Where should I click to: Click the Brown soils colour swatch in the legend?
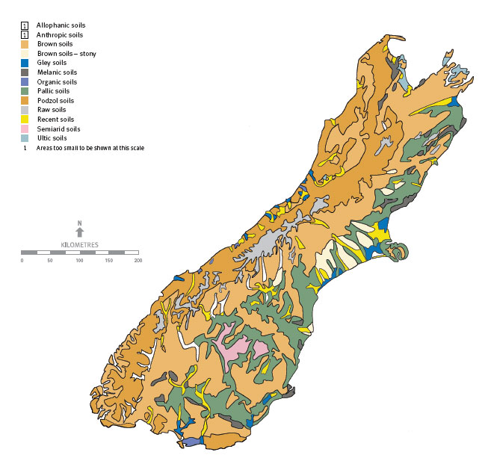pos(25,44)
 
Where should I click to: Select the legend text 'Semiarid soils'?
pos(58,129)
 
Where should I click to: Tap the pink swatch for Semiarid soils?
pos(25,129)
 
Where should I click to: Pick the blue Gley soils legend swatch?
pos(25,63)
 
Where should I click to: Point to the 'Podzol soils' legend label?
pos(55,100)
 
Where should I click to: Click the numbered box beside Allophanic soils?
pos(25,25)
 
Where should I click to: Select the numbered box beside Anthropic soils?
pos(25,34)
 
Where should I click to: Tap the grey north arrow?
pos(80,232)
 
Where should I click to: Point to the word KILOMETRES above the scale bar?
pos(80,244)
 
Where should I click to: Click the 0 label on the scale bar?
pos(22,260)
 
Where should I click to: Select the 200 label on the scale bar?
pos(138,260)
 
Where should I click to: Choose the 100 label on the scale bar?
pos(79,260)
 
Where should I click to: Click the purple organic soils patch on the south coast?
pos(193,442)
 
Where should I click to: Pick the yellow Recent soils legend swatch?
pos(25,119)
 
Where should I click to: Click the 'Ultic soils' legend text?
pos(52,137)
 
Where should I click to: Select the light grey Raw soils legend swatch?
pos(25,110)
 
